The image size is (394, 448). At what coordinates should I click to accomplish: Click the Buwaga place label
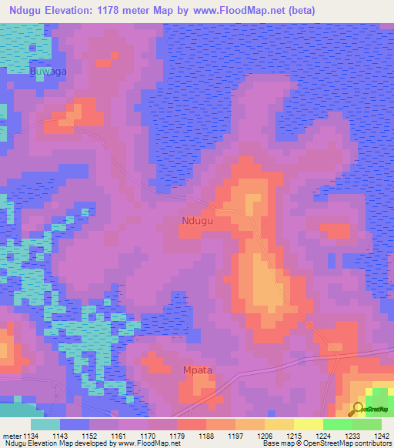tap(48, 72)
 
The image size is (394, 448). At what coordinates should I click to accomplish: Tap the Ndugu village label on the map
tap(198, 221)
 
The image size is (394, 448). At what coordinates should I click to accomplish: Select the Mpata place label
tap(198, 369)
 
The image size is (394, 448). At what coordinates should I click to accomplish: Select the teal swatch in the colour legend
tap(45, 424)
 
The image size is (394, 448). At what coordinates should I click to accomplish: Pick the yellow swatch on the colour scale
tap(309, 424)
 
